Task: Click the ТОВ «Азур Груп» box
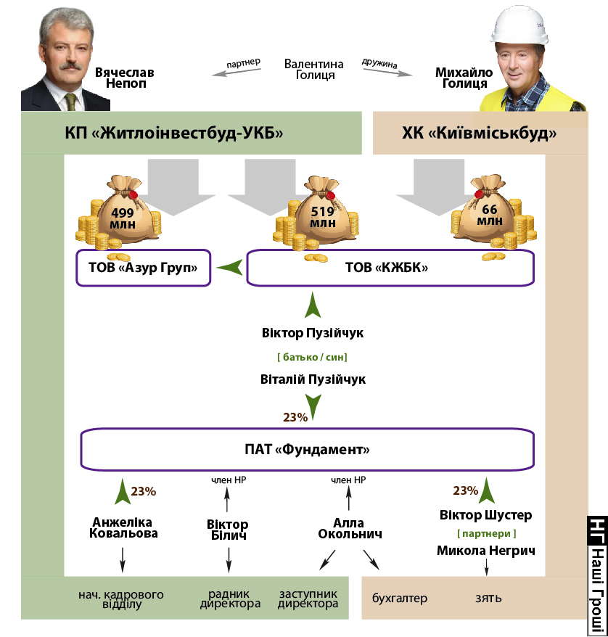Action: [144, 268]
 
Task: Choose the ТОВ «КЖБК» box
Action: [390, 268]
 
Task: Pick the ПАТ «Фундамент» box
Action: [307, 450]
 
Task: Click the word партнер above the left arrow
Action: [243, 63]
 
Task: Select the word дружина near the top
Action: [379, 64]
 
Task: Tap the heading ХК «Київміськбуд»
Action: [480, 133]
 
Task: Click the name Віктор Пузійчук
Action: [312, 334]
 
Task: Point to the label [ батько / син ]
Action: [312, 357]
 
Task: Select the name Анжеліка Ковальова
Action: [125, 527]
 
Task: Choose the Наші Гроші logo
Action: [596, 573]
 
